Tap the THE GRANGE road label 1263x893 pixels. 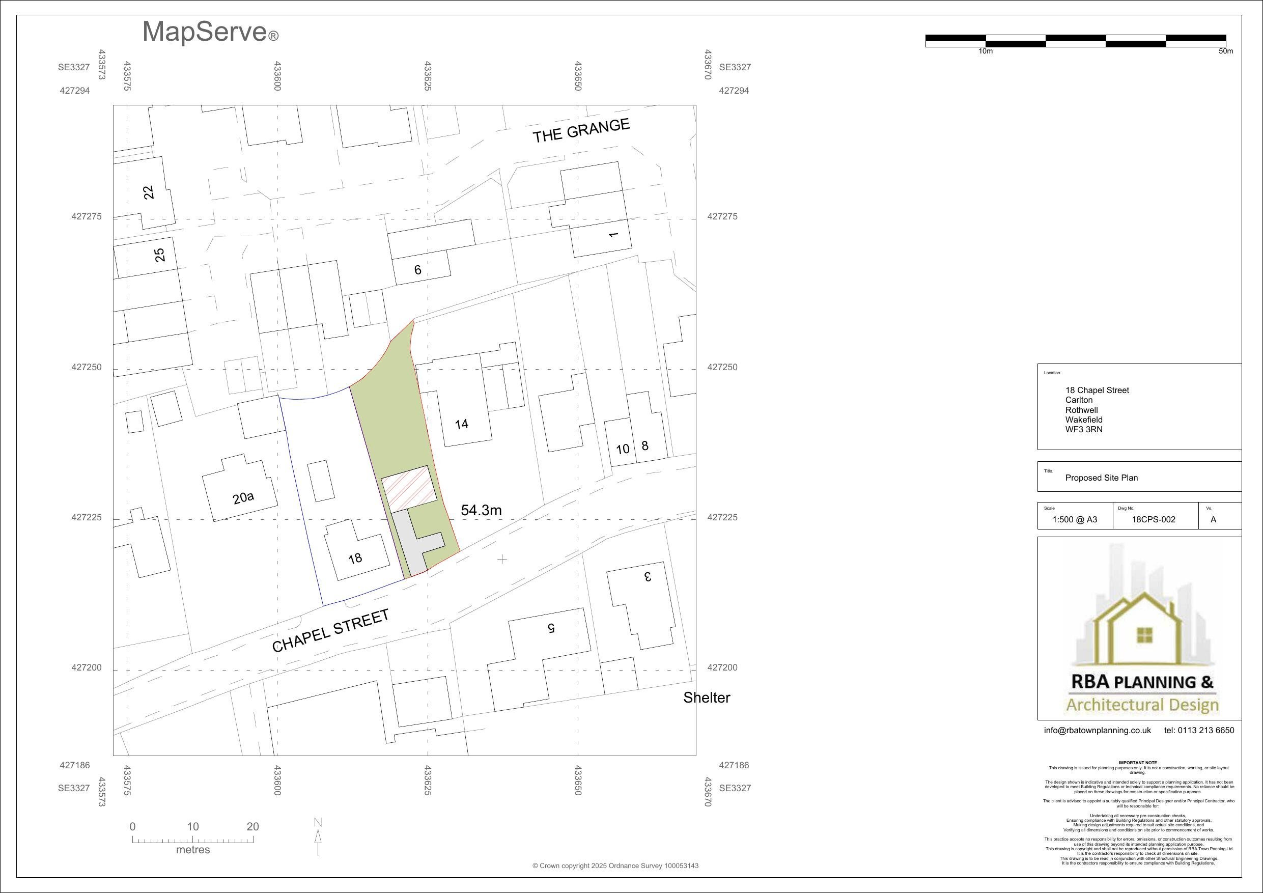581,130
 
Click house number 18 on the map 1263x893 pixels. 355,559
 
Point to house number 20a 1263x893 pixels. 243,498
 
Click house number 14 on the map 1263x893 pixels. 462,424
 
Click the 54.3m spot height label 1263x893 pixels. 482,511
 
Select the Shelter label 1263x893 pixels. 706,697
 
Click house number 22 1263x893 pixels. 149,192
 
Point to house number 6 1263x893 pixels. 417,270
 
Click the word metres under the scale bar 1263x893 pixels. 193,850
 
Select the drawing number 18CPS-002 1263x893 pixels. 1154,519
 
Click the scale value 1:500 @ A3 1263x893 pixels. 1074,519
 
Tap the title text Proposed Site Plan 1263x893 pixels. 1101,478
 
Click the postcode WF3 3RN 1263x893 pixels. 1084,429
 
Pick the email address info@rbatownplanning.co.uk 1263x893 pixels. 1098,730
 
